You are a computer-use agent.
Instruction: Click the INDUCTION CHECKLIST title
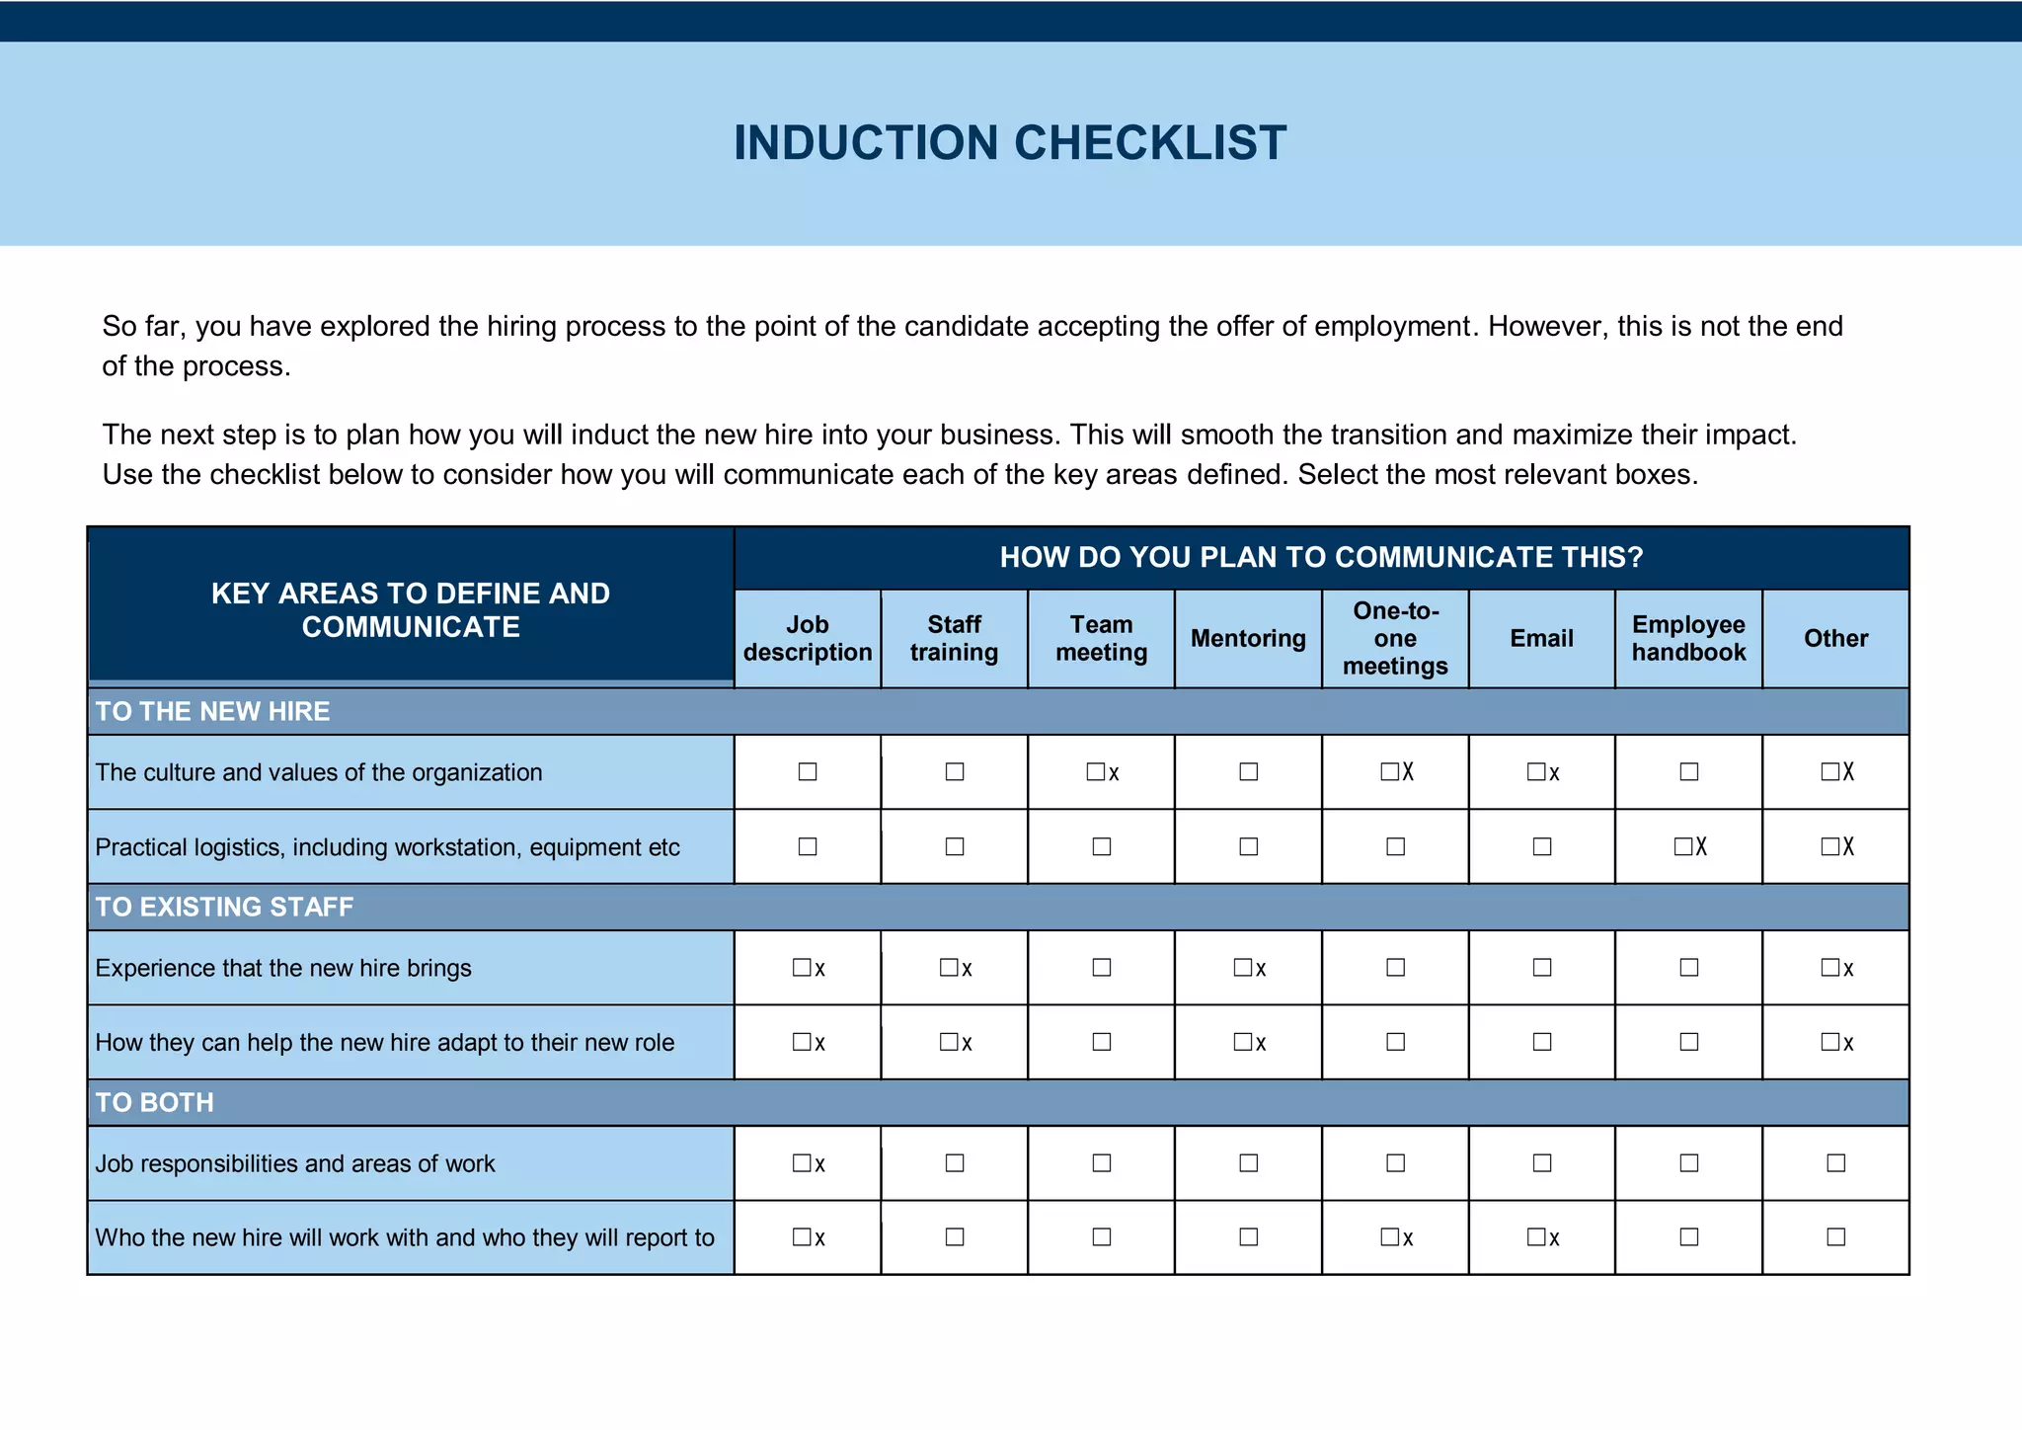1009,143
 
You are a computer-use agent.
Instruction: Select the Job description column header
808,638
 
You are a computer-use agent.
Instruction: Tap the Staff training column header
954,638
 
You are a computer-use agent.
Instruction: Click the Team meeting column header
1101,638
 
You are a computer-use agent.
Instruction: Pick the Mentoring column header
1248,638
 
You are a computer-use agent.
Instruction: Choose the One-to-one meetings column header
1395,638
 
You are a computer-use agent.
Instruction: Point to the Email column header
1541,638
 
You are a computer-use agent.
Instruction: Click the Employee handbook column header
1688,638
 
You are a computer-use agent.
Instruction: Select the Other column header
1835,638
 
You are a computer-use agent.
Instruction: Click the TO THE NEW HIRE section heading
212,711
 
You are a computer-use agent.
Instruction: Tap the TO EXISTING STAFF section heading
224,907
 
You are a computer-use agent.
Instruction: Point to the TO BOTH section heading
154,1102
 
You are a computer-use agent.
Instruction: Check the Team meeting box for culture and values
1096,771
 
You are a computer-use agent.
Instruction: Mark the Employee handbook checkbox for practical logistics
1683,846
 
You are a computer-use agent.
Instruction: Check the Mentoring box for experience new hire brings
1243,968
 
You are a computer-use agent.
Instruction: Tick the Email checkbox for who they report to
1536,1237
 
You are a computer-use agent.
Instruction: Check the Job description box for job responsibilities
802,1163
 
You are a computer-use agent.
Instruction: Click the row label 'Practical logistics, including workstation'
387,847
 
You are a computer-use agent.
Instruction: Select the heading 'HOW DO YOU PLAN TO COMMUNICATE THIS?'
1321,557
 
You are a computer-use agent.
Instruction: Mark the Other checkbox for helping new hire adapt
1830,1042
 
